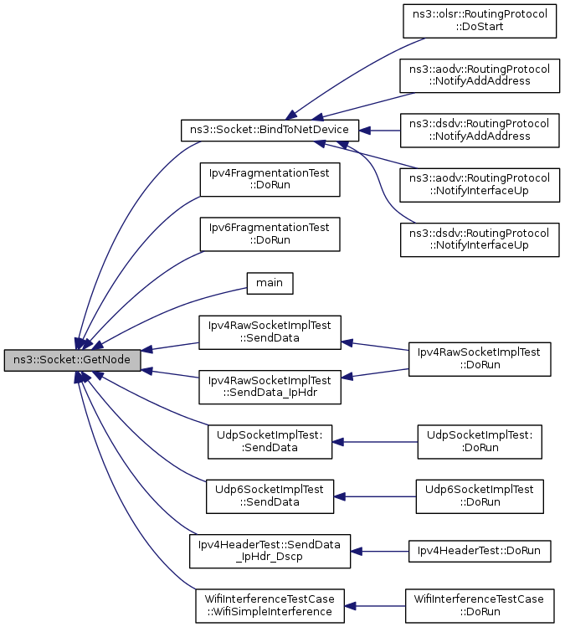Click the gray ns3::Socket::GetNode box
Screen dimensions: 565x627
(x=72, y=360)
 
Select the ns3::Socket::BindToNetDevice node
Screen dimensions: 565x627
(x=270, y=130)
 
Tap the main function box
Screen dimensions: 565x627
(x=270, y=283)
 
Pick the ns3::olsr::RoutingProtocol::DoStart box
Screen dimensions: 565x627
(x=480, y=21)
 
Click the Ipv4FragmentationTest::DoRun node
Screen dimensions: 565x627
(x=270, y=179)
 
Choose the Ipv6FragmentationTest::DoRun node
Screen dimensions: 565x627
(x=270, y=234)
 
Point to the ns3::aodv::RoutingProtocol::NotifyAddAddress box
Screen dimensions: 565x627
(x=480, y=75)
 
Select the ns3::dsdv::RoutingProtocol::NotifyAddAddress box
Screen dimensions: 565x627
(x=480, y=130)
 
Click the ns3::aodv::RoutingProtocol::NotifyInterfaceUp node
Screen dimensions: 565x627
(x=480, y=185)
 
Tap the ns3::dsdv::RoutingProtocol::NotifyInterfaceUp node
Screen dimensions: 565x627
(x=480, y=239)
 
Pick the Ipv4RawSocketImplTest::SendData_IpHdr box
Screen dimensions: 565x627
(x=270, y=387)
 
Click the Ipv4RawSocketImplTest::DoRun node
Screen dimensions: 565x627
(x=480, y=359)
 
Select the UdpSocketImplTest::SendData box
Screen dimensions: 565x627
(x=270, y=441)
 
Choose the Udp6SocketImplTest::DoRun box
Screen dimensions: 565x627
(x=480, y=496)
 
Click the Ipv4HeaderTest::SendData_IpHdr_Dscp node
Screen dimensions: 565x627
(x=270, y=551)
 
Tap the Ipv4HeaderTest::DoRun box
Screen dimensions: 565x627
(x=480, y=551)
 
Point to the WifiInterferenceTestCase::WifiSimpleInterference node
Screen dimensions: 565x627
(x=270, y=606)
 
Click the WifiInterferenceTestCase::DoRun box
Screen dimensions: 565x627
(x=480, y=606)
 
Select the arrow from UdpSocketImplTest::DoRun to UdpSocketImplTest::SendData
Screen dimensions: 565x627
(x=375, y=442)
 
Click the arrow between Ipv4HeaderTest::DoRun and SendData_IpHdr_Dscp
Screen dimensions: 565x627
(x=380, y=552)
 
